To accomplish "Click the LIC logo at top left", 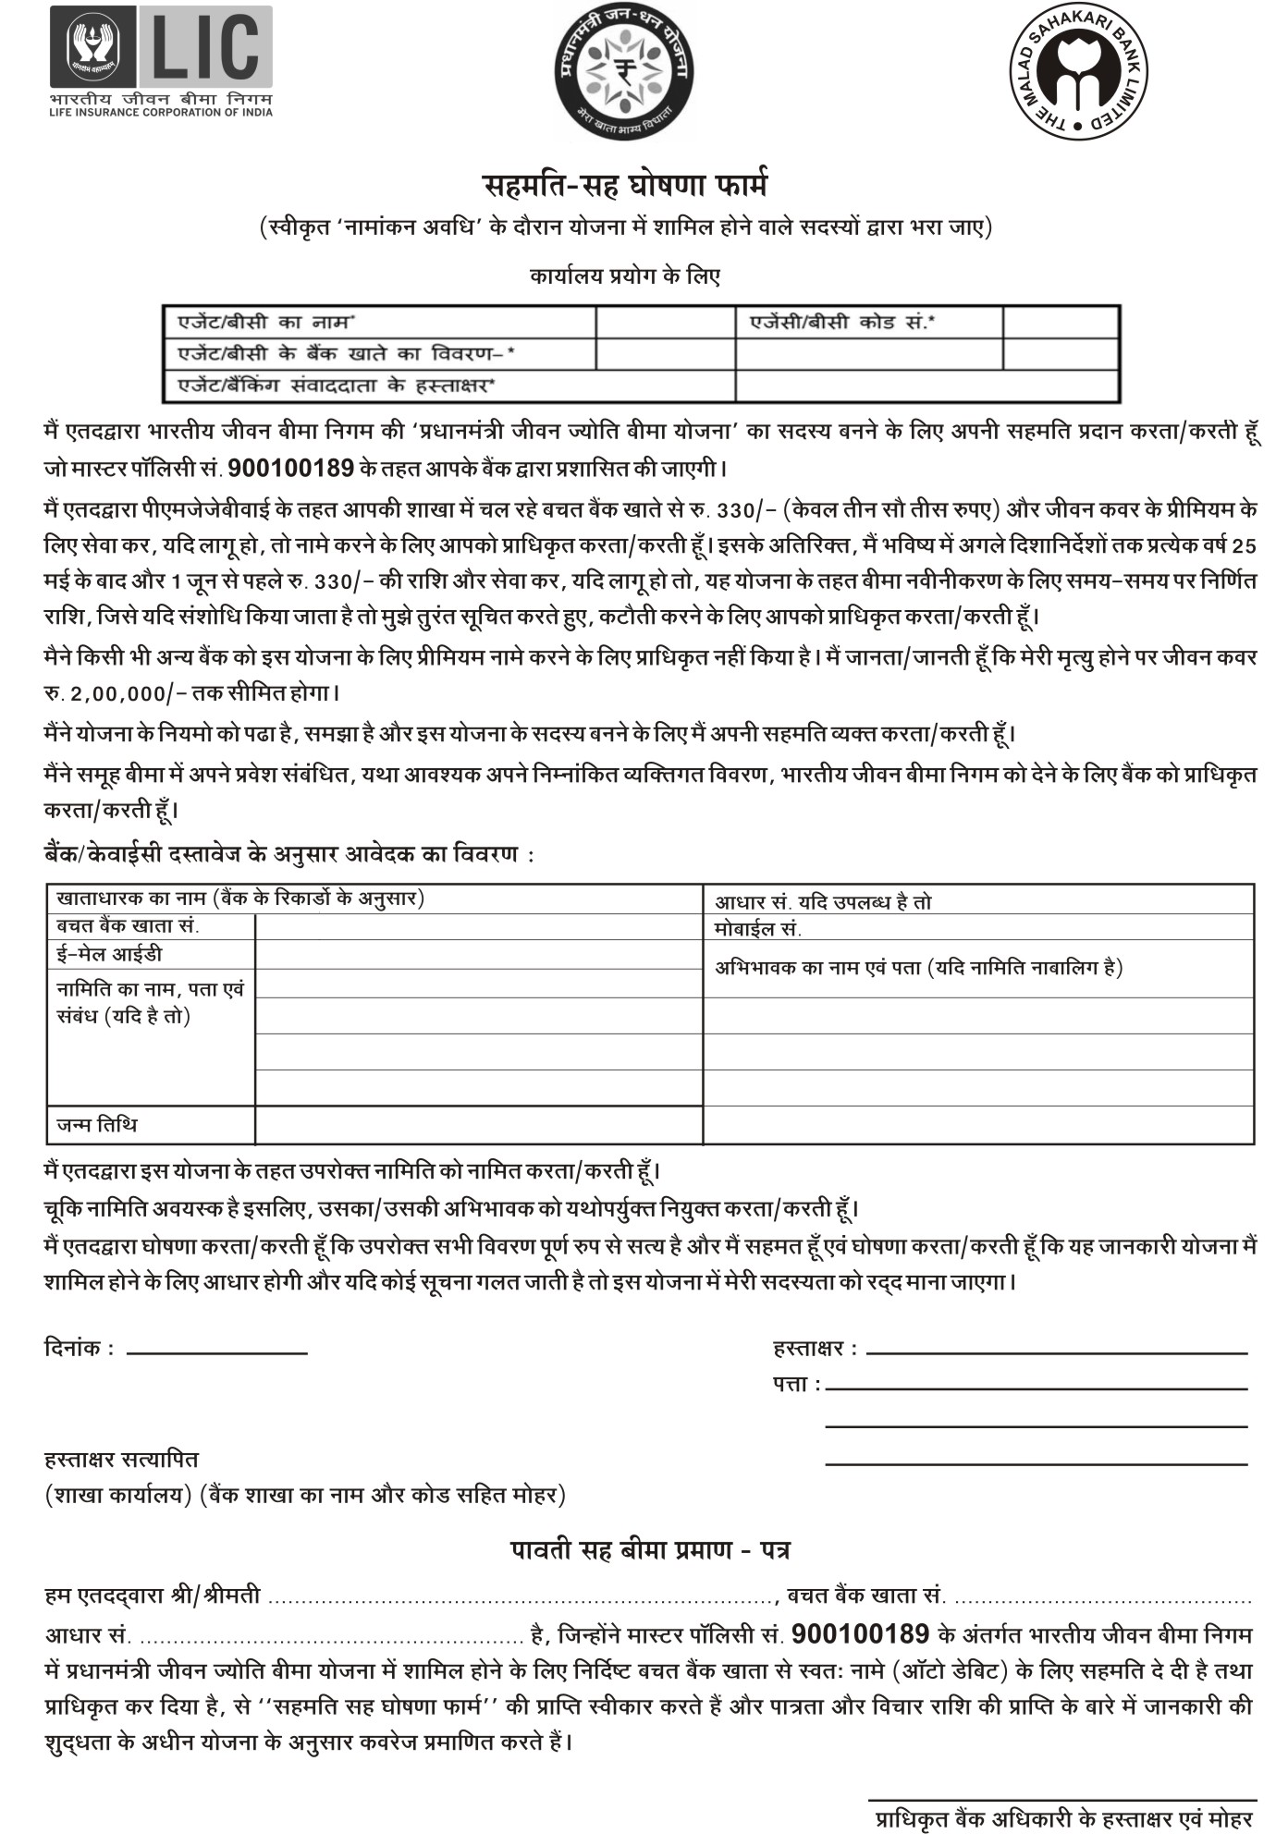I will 163,61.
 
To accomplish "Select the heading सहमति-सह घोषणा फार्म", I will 626,186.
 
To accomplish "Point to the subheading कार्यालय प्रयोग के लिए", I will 625,275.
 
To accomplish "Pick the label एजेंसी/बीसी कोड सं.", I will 841,323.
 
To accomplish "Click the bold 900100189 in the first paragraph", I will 290,468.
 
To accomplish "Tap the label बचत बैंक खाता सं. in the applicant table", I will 128,926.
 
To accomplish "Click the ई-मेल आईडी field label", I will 109,954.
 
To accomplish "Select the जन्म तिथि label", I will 97,1125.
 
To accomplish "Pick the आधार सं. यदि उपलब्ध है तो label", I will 823,902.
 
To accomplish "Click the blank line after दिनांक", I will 216,1353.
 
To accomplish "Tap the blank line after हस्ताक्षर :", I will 1056,1352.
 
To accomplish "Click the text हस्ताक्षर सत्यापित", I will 121,1460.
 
